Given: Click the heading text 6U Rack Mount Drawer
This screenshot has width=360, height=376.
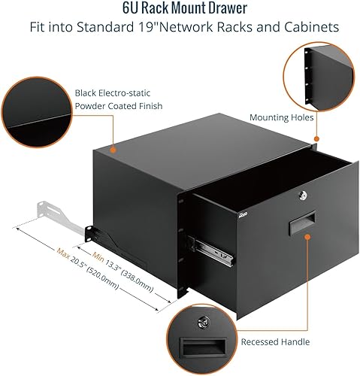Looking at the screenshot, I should [180, 9].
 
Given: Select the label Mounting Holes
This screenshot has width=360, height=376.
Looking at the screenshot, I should [278, 117].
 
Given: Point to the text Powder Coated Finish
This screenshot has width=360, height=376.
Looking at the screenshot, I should [119, 106].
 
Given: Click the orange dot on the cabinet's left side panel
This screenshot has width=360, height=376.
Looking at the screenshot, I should [112, 150].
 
